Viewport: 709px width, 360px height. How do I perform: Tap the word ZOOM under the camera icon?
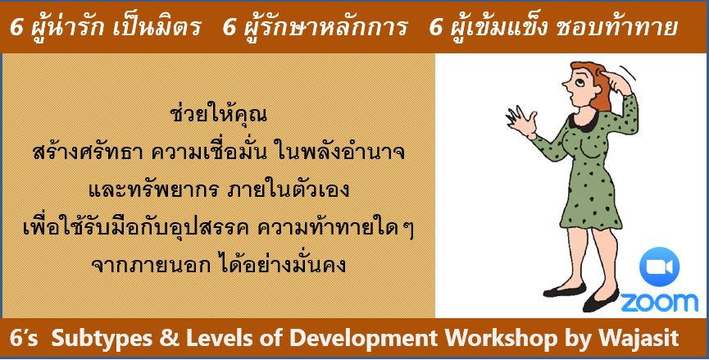point(659,302)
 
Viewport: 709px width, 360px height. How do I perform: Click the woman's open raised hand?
point(520,121)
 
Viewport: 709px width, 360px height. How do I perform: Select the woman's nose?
point(566,84)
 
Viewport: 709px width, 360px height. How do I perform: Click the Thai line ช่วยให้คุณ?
point(219,115)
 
